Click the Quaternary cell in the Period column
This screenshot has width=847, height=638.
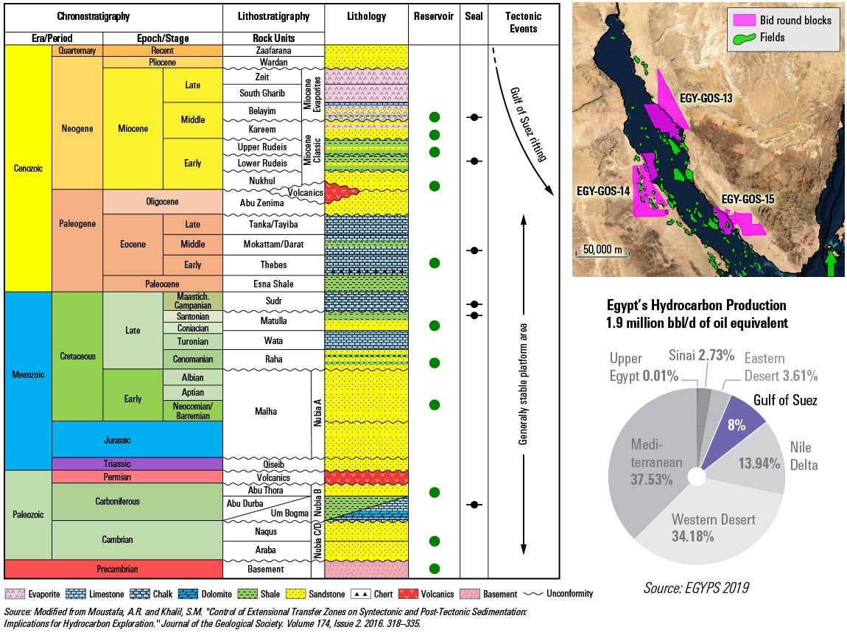coord(77,51)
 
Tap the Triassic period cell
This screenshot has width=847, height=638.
coord(137,463)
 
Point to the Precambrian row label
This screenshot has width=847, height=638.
coord(113,569)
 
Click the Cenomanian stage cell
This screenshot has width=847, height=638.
coord(192,359)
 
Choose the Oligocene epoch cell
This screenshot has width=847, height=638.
coord(163,201)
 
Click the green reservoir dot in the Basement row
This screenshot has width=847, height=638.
coord(435,568)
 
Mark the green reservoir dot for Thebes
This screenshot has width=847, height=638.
coord(435,263)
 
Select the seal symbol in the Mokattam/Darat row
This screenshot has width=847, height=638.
coord(475,251)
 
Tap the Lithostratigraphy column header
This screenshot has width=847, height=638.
coord(273,16)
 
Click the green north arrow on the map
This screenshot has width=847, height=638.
coord(831,263)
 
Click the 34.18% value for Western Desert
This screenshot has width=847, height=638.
coord(692,536)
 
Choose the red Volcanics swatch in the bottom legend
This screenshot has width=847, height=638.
coord(408,594)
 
